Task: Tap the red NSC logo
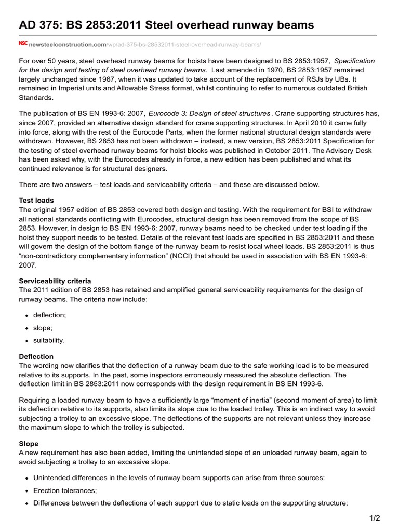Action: point(23,44)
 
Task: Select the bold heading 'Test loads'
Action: point(36,200)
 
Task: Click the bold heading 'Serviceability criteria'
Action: point(55,281)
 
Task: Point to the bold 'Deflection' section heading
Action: point(36,356)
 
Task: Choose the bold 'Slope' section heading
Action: point(29,444)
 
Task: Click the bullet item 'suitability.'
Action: point(49,340)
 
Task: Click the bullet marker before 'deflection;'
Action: point(26,315)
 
